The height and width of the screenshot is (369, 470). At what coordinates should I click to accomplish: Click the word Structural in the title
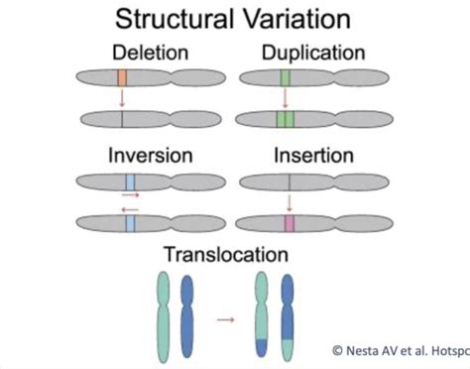point(175,19)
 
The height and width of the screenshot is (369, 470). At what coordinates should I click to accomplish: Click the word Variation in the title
point(295,19)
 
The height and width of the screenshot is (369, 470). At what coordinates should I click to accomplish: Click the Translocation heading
point(228,255)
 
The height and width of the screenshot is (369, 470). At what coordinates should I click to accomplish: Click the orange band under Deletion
point(121,76)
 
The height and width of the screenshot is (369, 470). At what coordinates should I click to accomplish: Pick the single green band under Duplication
point(286,76)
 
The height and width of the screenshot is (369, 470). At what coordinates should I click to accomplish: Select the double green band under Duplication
point(286,120)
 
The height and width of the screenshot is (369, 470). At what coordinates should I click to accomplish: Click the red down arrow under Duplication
point(286,97)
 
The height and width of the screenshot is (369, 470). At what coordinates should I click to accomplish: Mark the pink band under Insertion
point(289,224)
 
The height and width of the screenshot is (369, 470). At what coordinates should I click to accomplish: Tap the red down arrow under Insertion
point(289,203)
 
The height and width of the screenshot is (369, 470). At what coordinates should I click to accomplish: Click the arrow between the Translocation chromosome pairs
point(226,319)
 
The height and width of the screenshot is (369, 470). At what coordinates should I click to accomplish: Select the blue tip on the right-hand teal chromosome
point(262,347)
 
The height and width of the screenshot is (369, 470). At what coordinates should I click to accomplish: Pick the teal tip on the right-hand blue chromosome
point(290,347)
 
